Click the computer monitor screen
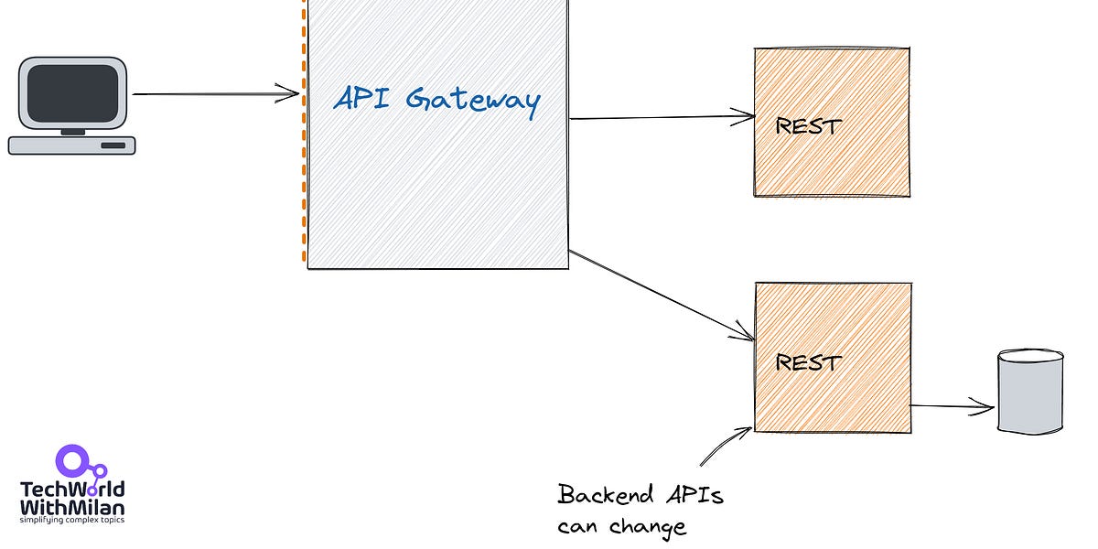point(72,95)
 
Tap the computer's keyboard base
point(71,145)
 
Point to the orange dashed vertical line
point(303,183)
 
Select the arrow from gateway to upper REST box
point(659,117)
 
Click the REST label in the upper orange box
point(808,126)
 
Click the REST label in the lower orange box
point(808,362)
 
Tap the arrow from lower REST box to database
point(952,406)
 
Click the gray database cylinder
point(1030,391)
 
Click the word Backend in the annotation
point(606,496)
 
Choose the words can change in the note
point(621,527)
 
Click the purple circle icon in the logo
point(70,460)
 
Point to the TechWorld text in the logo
point(72,490)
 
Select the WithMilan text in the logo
point(72,507)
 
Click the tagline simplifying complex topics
point(72,521)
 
